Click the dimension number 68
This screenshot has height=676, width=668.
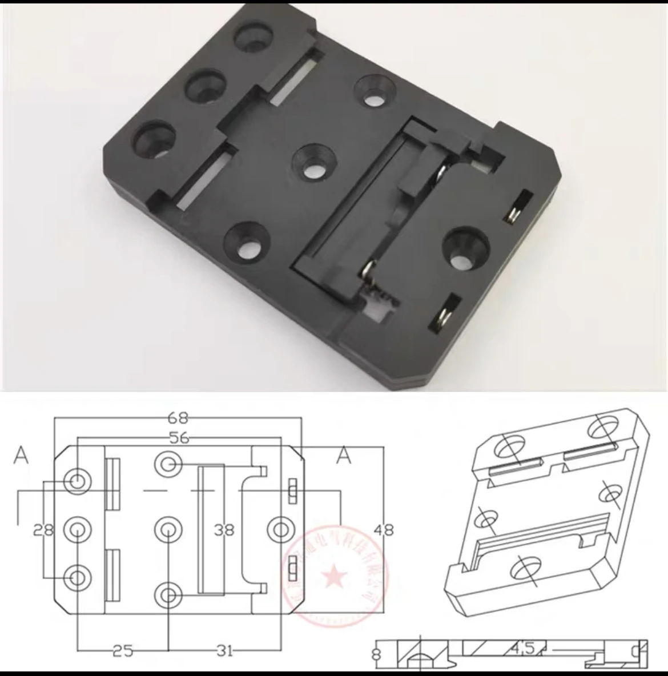[x=178, y=418]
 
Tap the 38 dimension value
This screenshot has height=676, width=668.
[x=224, y=530]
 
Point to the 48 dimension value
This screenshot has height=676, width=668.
[x=384, y=530]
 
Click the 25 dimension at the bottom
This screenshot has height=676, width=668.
[x=122, y=650]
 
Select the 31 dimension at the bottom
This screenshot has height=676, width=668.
[x=224, y=650]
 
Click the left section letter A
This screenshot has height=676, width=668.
[x=21, y=456]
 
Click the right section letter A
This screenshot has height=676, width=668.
[x=344, y=456]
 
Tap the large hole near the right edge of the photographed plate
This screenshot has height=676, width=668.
[x=465, y=250]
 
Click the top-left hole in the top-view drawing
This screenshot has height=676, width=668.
[x=77, y=481]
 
